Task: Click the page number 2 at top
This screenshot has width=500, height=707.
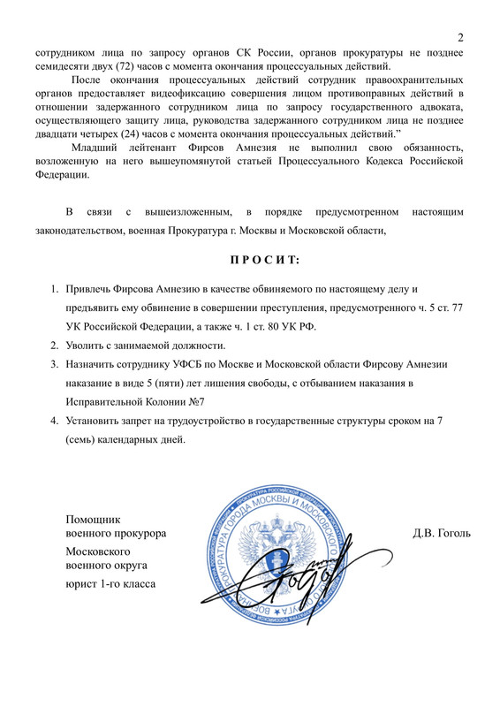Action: (461, 37)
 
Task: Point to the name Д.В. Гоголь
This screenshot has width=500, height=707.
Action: (442, 533)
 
